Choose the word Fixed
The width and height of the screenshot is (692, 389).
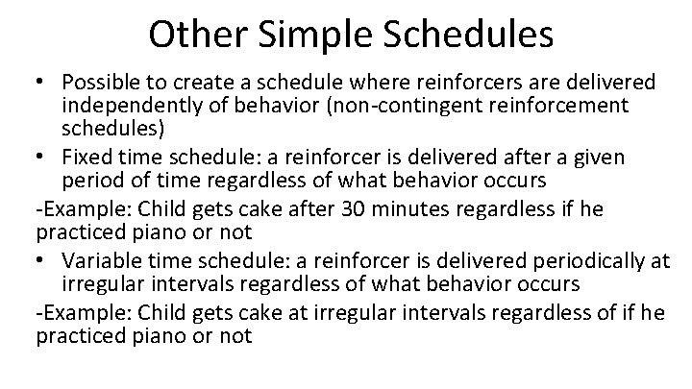tap(84, 158)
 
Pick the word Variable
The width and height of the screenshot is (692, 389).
tap(98, 259)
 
